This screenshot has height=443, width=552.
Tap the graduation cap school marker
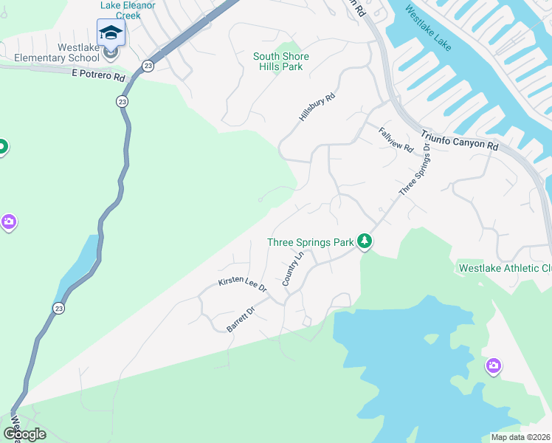111,33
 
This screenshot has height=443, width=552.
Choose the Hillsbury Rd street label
317,107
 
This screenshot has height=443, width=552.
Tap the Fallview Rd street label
396,140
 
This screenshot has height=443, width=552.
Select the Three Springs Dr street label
415,169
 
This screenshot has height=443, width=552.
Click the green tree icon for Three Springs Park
364,241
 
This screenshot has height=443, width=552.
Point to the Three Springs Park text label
310,241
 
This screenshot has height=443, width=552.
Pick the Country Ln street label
293,269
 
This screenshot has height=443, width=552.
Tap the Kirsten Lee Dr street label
241,285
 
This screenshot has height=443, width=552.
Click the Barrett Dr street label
241,320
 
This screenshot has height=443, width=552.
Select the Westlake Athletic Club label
505,268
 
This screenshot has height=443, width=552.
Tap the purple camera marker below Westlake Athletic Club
493,365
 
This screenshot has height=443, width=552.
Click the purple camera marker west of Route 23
8,221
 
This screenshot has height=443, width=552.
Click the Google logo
25,433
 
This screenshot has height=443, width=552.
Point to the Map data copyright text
521,437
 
